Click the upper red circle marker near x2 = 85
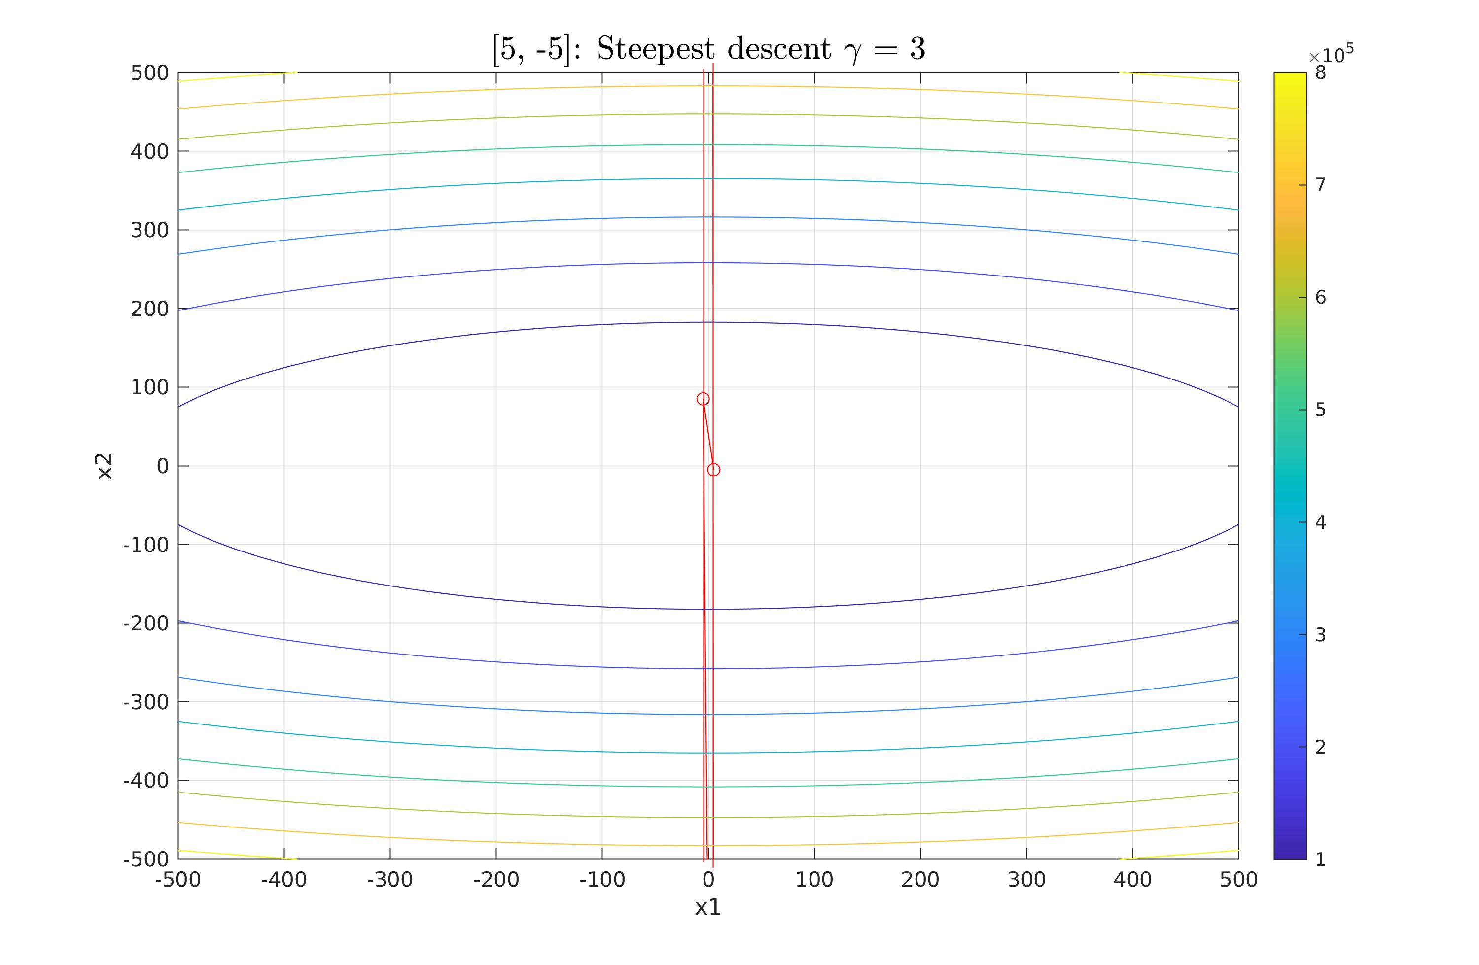[x=703, y=399]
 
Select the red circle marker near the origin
[x=713, y=470]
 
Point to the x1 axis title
[x=708, y=908]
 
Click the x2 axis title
[x=105, y=466]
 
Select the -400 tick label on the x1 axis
[x=283, y=880]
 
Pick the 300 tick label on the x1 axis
[x=1026, y=880]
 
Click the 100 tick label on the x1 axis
[x=814, y=880]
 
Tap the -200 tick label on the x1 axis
[x=496, y=880]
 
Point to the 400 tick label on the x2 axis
[x=149, y=152]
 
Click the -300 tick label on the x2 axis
[x=146, y=702]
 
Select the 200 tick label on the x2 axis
[x=149, y=309]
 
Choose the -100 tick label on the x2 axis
[x=146, y=545]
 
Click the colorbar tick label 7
[x=1321, y=185]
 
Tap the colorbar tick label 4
[x=1321, y=522]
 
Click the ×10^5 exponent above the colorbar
[x=1331, y=56]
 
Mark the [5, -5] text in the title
[x=531, y=49]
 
